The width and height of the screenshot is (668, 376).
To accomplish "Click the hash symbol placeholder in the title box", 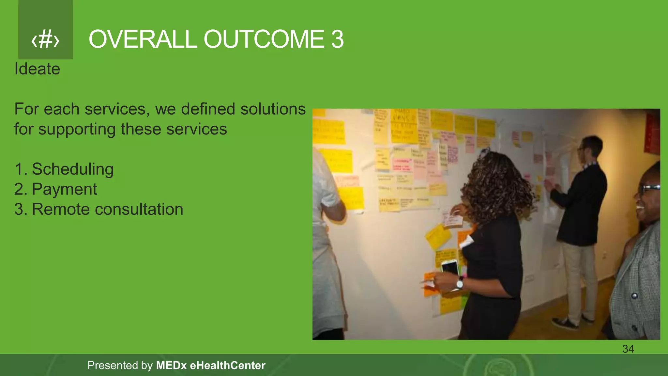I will pos(45,40).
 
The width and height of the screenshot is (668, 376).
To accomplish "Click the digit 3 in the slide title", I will pos(338,39).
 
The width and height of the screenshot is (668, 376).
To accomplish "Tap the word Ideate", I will pos(37,69).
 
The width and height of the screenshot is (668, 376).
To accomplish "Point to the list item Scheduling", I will pos(72,169).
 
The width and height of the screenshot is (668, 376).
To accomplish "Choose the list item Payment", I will pos(64,189).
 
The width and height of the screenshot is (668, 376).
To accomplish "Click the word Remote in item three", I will pos(61,209).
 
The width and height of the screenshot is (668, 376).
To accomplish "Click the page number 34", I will pos(628,349).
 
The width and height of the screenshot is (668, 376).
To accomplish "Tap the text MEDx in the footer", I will pos(171,365).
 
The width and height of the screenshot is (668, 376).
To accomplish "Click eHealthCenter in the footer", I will pos(227,365).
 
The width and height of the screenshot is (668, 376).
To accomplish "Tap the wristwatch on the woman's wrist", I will pos(460,283).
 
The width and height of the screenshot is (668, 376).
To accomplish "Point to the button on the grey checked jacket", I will pos(634,296).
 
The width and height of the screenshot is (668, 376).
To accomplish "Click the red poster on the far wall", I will pos(652,134).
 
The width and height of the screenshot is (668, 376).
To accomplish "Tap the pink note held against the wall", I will pos(452,219).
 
